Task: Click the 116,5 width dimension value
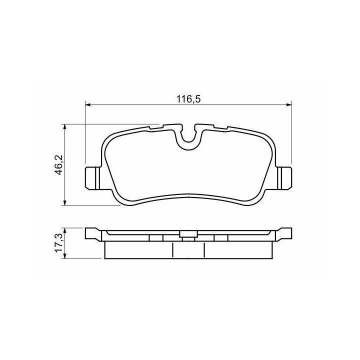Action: (x=188, y=99)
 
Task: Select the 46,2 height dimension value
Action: (x=59, y=164)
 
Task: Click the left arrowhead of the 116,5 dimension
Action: (x=88, y=104)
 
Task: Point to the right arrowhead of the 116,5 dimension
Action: (x=289, y=104)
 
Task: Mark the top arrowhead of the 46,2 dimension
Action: (x=65, y=127)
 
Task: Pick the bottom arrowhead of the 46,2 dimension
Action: (x=65, y=202)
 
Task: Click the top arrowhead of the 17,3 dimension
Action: (x=65, y=231)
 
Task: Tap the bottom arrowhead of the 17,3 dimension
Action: (x=65, y=255)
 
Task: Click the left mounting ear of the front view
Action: (x=93, y=178)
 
